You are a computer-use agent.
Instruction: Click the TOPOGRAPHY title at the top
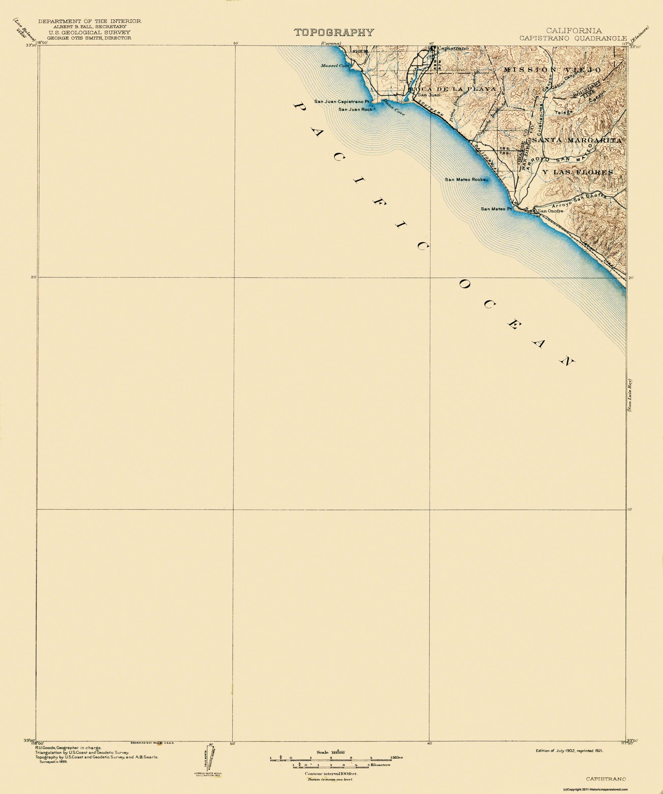pos(334,32)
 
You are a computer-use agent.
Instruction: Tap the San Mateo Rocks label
pos(465,180)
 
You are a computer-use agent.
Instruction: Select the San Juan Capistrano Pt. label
pos(341,102)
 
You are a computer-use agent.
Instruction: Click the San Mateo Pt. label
pos(496,209)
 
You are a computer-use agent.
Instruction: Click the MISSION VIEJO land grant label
pos(552,70)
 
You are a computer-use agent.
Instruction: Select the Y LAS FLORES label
pos(577,172)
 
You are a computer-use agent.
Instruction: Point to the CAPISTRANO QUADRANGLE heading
pos(573,38)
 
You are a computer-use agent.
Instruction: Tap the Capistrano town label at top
pos(452,48)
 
